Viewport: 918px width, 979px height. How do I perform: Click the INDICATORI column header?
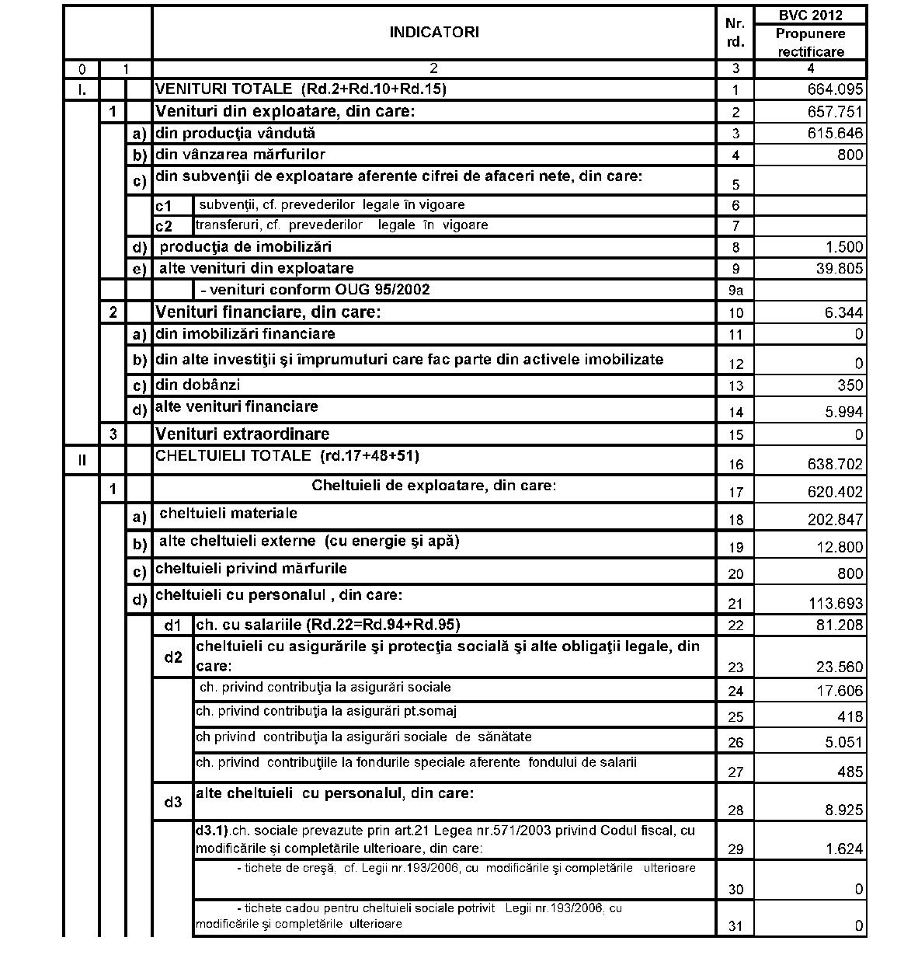[x=433, y=32]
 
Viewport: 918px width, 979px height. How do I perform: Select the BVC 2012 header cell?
[x=810, y=15]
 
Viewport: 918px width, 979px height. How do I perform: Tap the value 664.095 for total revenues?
[x=835, y=89]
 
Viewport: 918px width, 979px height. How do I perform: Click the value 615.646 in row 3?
[x=835, y=134]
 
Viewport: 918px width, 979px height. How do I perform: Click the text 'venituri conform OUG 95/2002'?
[x=315, y=290]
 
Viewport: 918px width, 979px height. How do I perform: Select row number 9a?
[x=735, y=291]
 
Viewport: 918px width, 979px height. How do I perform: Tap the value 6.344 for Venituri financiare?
[x=842, y=312]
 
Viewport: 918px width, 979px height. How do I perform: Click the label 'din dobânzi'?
[x=198, y=385]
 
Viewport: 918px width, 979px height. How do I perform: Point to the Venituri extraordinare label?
[x=242, y=434]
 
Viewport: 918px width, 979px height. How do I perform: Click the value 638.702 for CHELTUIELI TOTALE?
[x=835, y=464]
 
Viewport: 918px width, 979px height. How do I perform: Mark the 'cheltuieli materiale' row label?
[x=228, y=513]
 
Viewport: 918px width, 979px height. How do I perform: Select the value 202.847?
[x=835, y=519]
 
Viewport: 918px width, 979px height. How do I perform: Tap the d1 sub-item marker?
[x=172, y=625]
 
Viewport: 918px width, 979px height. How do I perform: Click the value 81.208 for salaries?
[x=838, y=625]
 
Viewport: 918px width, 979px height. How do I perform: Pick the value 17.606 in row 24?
[x=838, y=691]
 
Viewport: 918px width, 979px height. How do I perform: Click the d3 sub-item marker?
[x=172, y=802]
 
